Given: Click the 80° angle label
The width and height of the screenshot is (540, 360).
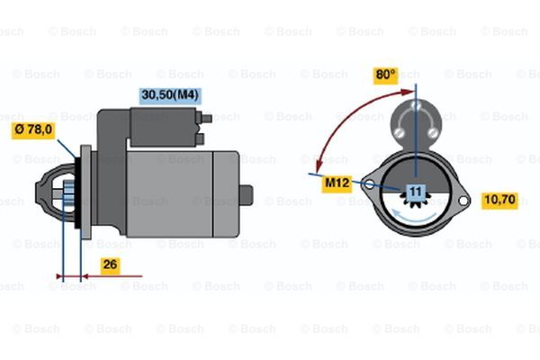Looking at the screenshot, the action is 386,76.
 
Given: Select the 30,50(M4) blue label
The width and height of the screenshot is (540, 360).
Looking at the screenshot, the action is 170,95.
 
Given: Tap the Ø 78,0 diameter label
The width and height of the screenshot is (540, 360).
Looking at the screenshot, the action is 34,130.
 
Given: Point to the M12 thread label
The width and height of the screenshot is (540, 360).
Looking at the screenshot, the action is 337,184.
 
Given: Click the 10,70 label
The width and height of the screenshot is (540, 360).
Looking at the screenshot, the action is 499,200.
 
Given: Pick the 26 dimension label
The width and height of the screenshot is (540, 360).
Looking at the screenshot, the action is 110,265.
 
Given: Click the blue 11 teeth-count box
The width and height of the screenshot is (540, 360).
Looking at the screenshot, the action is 416,192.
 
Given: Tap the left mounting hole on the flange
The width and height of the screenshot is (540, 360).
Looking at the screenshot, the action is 369,185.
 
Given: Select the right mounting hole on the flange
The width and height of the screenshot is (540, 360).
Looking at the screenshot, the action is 463,201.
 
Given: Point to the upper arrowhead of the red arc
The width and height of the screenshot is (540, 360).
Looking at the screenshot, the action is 408,92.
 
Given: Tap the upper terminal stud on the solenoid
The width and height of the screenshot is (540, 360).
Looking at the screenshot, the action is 206,119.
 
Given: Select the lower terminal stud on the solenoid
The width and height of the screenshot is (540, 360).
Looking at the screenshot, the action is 201,139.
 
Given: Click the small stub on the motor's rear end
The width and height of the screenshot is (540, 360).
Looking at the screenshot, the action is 246,195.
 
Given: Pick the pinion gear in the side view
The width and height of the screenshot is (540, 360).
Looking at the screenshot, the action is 69,193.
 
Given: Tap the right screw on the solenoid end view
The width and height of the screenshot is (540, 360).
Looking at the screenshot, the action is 432,132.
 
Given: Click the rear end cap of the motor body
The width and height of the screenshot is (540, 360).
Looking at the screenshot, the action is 226,194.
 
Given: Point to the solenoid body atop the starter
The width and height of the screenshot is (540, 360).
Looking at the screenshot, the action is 163,127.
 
